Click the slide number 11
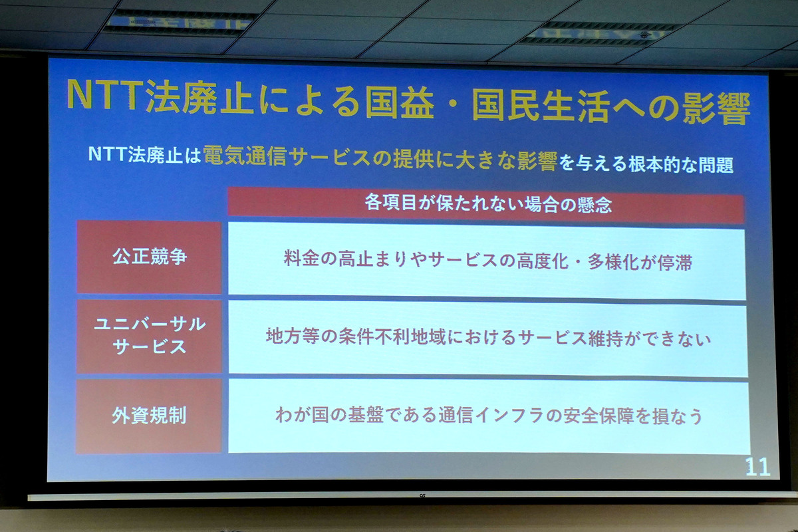758,467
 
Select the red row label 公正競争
149,257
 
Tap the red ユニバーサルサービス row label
149,336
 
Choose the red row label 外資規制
149,416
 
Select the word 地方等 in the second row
293,336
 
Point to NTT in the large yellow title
106,96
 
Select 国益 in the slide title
400,102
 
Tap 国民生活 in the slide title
541,105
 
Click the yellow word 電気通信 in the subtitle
245,156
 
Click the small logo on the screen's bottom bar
422,495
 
